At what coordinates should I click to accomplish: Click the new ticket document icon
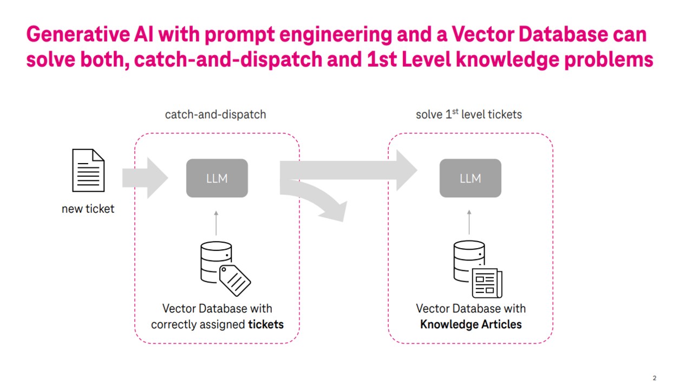click(x=88, y=171)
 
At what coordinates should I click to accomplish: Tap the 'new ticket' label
click(x=88, y=209)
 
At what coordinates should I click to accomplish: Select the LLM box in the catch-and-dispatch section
click(x=217, y=178)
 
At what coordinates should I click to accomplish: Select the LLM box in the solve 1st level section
click(x=470, y=178)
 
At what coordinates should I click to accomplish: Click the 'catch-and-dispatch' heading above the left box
click(x=215, y=115)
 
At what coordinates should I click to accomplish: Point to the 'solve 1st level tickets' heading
click(x=469, y=114)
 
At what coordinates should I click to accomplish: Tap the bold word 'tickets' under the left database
click(x=266, y=324)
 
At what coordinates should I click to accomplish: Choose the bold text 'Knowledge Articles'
click(x=471, y=324)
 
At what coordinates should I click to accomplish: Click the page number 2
click(x=655, y=378)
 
